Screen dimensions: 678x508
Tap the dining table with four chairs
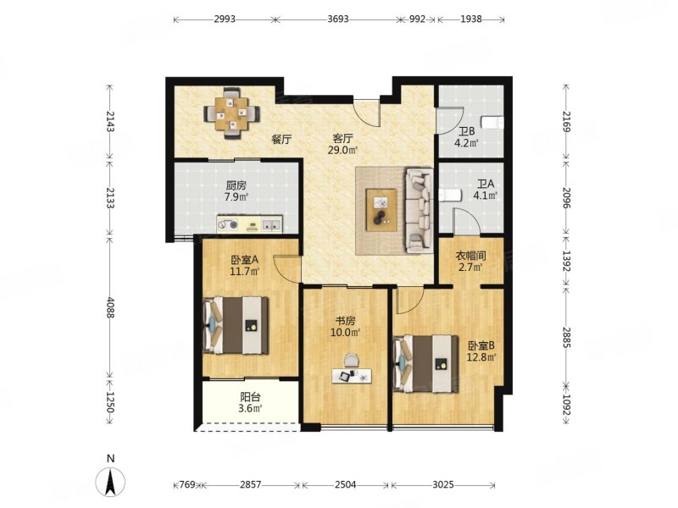point(232,113)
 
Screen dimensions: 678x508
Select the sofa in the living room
point(419,211)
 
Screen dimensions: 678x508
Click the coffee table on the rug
point(381,210)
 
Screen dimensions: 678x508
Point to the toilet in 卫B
point(493,122)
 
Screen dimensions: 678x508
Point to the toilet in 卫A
point(450,196)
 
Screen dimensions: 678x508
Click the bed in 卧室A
point(236,325)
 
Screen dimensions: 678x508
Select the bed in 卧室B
point(425,364)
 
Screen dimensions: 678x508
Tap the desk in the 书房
point(352,375)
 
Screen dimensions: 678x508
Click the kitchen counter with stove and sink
point(249,224)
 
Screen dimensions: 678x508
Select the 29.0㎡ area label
point(342,151)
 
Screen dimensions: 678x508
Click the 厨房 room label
point(236,185)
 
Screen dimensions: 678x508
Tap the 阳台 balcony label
point(250,396)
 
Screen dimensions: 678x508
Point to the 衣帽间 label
point(471,256)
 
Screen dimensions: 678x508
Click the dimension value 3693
point(338,19)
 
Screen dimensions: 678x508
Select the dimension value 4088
point(111,308)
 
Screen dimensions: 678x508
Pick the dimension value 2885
point(567,337)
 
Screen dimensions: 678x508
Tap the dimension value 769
point(187,484)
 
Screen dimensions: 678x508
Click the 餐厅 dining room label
point(281,140)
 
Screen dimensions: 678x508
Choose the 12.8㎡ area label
point(481,357)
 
